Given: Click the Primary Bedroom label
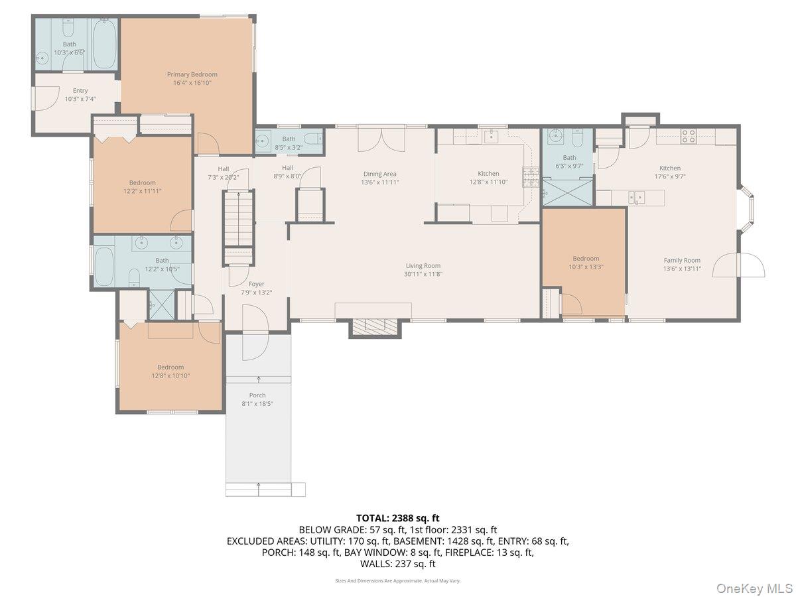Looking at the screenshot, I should pos(192,74).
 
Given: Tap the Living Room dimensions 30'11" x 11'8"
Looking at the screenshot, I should pos(423,274).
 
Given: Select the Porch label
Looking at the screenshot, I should pos(257,395).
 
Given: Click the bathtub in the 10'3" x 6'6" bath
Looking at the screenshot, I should pos(104,44).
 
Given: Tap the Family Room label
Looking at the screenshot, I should pos(682,261).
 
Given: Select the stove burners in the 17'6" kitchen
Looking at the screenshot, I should pos(689,136).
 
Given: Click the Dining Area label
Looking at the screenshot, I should pos(379,174).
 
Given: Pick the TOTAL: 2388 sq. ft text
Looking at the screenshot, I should pos(398,518).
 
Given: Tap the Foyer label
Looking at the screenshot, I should pos(256,284).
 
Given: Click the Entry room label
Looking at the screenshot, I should pos(80,91).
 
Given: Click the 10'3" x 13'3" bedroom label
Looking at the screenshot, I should pos(586,259).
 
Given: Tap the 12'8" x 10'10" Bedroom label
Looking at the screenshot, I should pos(170,367).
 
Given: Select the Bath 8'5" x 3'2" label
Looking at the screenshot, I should pos(289,139).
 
